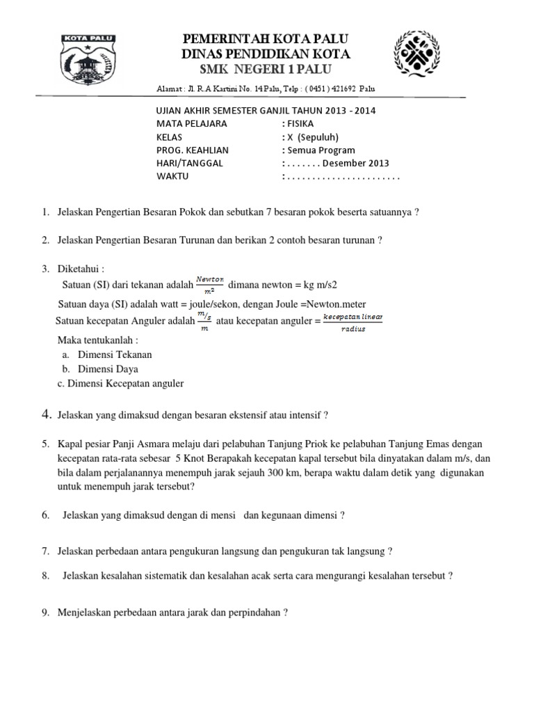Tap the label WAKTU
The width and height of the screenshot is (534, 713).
coord(172,176)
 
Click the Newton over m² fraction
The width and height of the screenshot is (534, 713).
coord(209,284)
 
